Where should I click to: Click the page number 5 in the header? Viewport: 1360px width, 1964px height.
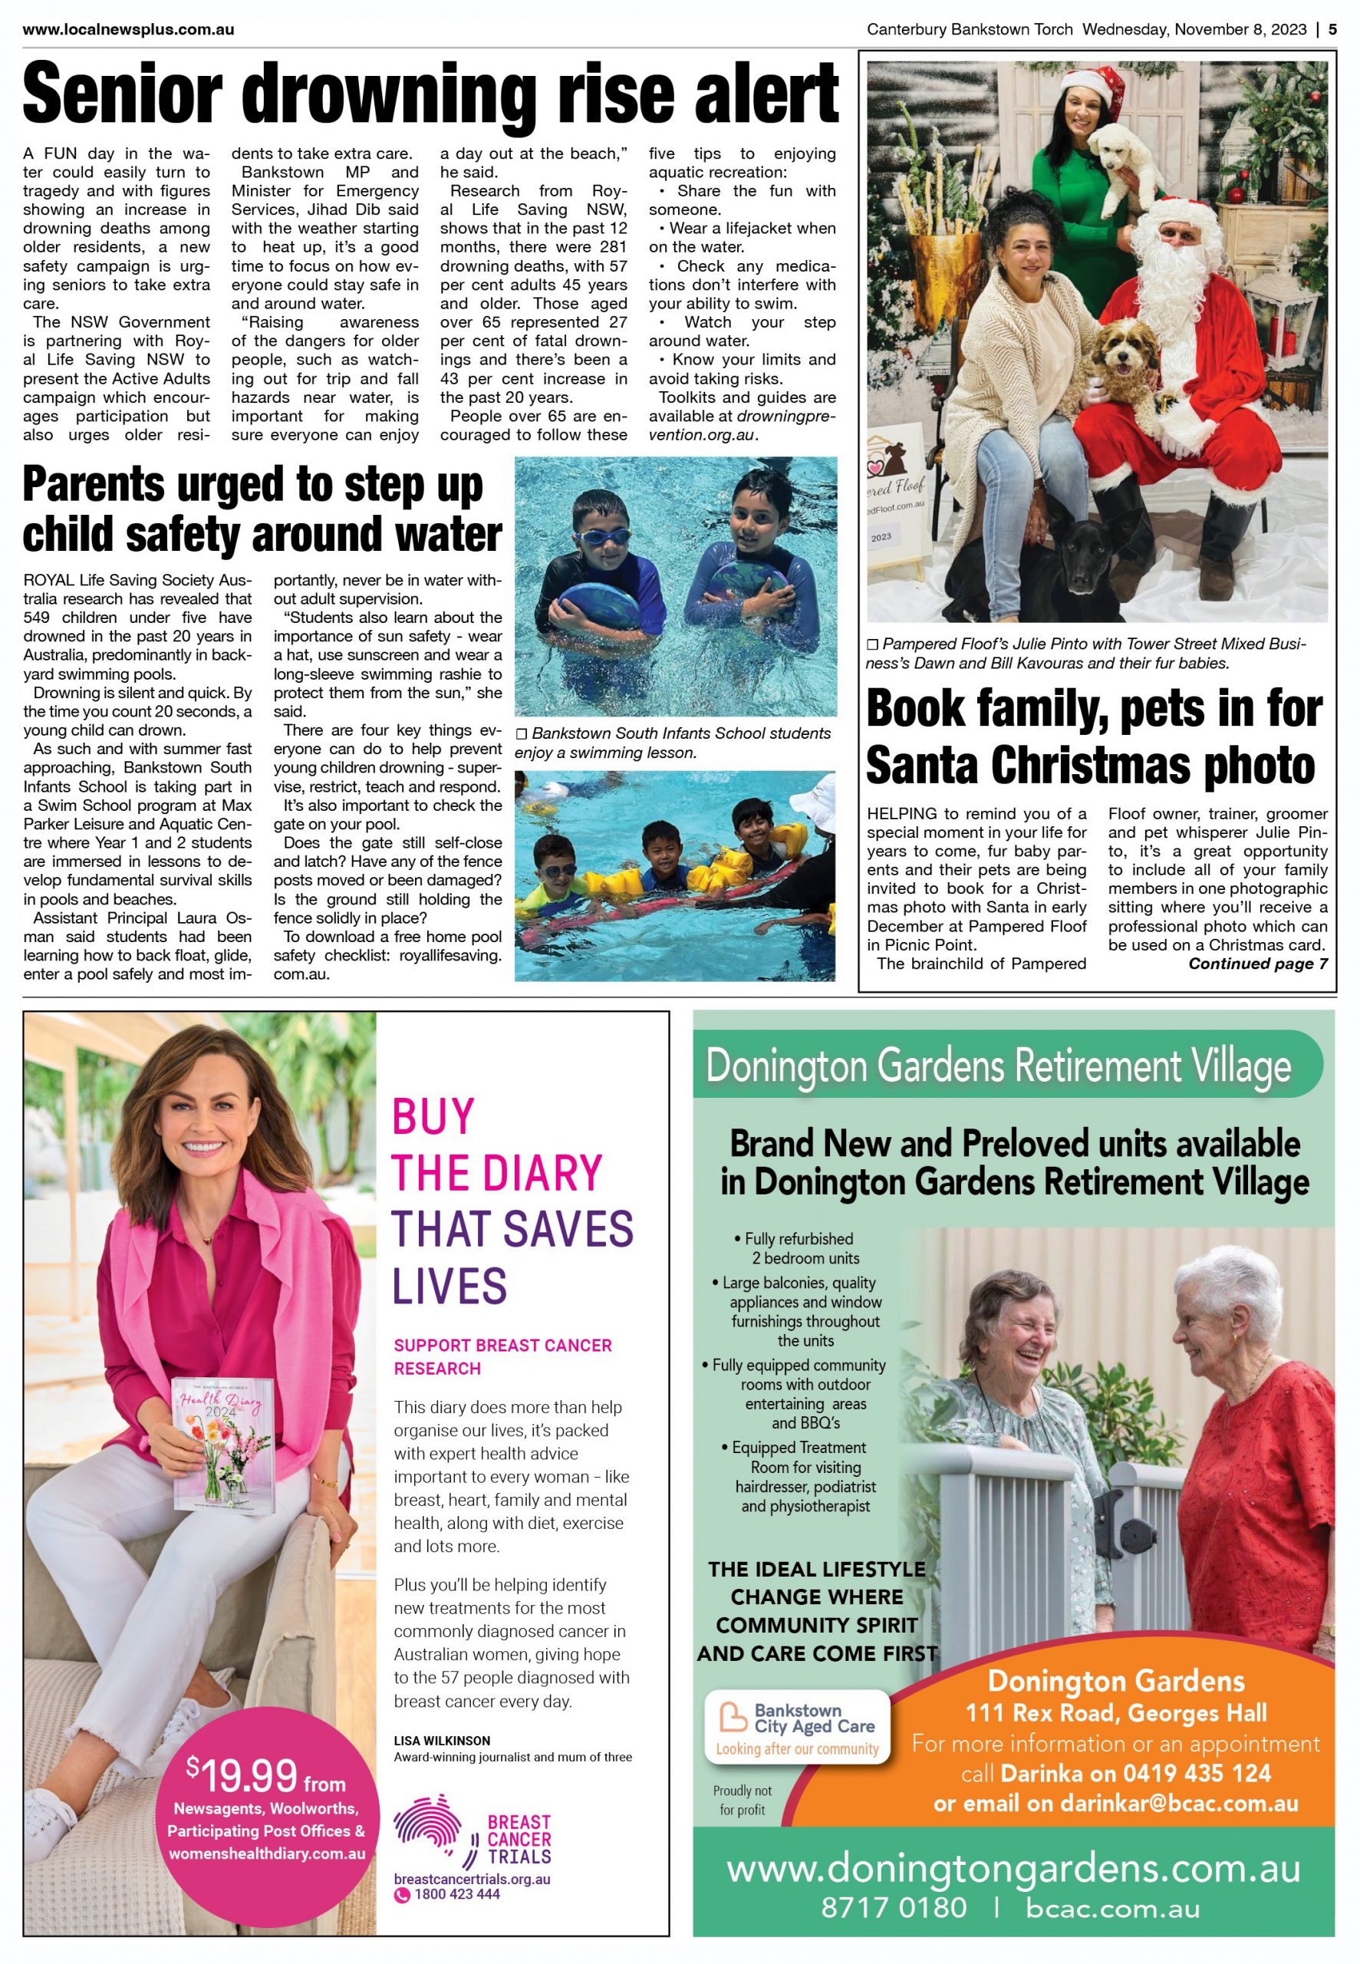[x=1332, y=29]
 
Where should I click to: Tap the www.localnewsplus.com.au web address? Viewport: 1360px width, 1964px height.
[x=128, y=30]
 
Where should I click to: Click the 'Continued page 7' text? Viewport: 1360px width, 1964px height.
[x=1257, y=964]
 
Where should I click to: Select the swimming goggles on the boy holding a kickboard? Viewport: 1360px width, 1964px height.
[x=604, y=538]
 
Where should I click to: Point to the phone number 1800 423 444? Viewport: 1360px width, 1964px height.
[x=456, y=1894]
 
